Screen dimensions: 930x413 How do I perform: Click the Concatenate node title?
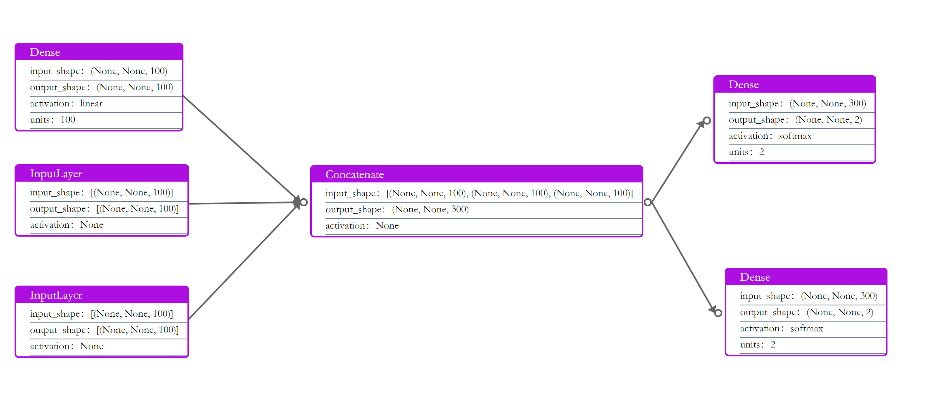pos(355,174)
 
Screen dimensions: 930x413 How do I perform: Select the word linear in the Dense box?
pos(91,104)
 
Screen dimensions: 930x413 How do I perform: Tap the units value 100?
pos(68,120)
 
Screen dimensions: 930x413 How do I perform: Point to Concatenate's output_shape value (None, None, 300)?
pos(430,210)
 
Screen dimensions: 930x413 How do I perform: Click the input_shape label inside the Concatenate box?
pos(350,193)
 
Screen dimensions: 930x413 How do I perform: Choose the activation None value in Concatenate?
pos(387,226)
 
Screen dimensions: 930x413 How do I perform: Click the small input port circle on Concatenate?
pos(304,202)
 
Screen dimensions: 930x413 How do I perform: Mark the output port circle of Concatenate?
pos(648,202)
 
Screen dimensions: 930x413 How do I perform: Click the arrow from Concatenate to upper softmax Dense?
pos(677,162)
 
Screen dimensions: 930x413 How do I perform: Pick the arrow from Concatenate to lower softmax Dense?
pos(682,257)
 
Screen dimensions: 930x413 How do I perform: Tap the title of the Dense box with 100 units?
pos(45,52)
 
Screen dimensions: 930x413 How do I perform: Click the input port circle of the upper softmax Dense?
pos(707,121)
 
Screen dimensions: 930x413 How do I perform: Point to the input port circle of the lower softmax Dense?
pos(718,313)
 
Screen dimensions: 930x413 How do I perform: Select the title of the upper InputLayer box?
pos(56,174)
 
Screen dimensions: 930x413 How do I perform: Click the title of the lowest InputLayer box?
pos(56,295)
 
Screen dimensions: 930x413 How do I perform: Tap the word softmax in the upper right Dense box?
pos(795,136)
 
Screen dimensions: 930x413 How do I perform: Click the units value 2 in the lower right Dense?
pos(773,345)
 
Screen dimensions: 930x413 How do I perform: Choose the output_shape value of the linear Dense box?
pos(135,87)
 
